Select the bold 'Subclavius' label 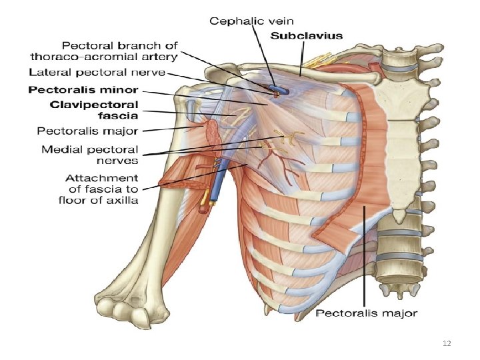click(307, 35)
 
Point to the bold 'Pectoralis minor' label click(95, 89)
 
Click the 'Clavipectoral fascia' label click(95, 111)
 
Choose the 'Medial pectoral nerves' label click(90, 155)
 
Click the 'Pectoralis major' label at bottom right click(367, 313)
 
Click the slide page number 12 click(447, 343)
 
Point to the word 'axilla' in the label click(123, 200)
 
